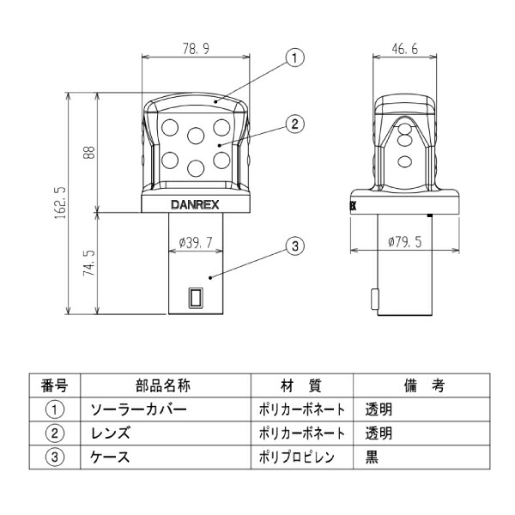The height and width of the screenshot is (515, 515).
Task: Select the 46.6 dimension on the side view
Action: pos(403,49)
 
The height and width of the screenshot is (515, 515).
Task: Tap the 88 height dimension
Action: pos(89,152)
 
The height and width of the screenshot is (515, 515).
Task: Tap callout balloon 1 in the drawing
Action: pos(294,58)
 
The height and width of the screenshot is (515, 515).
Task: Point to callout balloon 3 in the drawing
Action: pos(294,247)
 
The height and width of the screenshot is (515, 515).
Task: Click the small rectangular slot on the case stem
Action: pos(197,297)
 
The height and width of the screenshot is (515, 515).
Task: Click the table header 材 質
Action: pos(300,387)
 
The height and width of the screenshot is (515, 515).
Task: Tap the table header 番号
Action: pos(54,387)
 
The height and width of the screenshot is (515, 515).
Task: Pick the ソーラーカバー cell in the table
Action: pos(138,410)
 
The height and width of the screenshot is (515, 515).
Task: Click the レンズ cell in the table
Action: pos(111,433)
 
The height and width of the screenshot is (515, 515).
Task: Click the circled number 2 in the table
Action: pos(54,433)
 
